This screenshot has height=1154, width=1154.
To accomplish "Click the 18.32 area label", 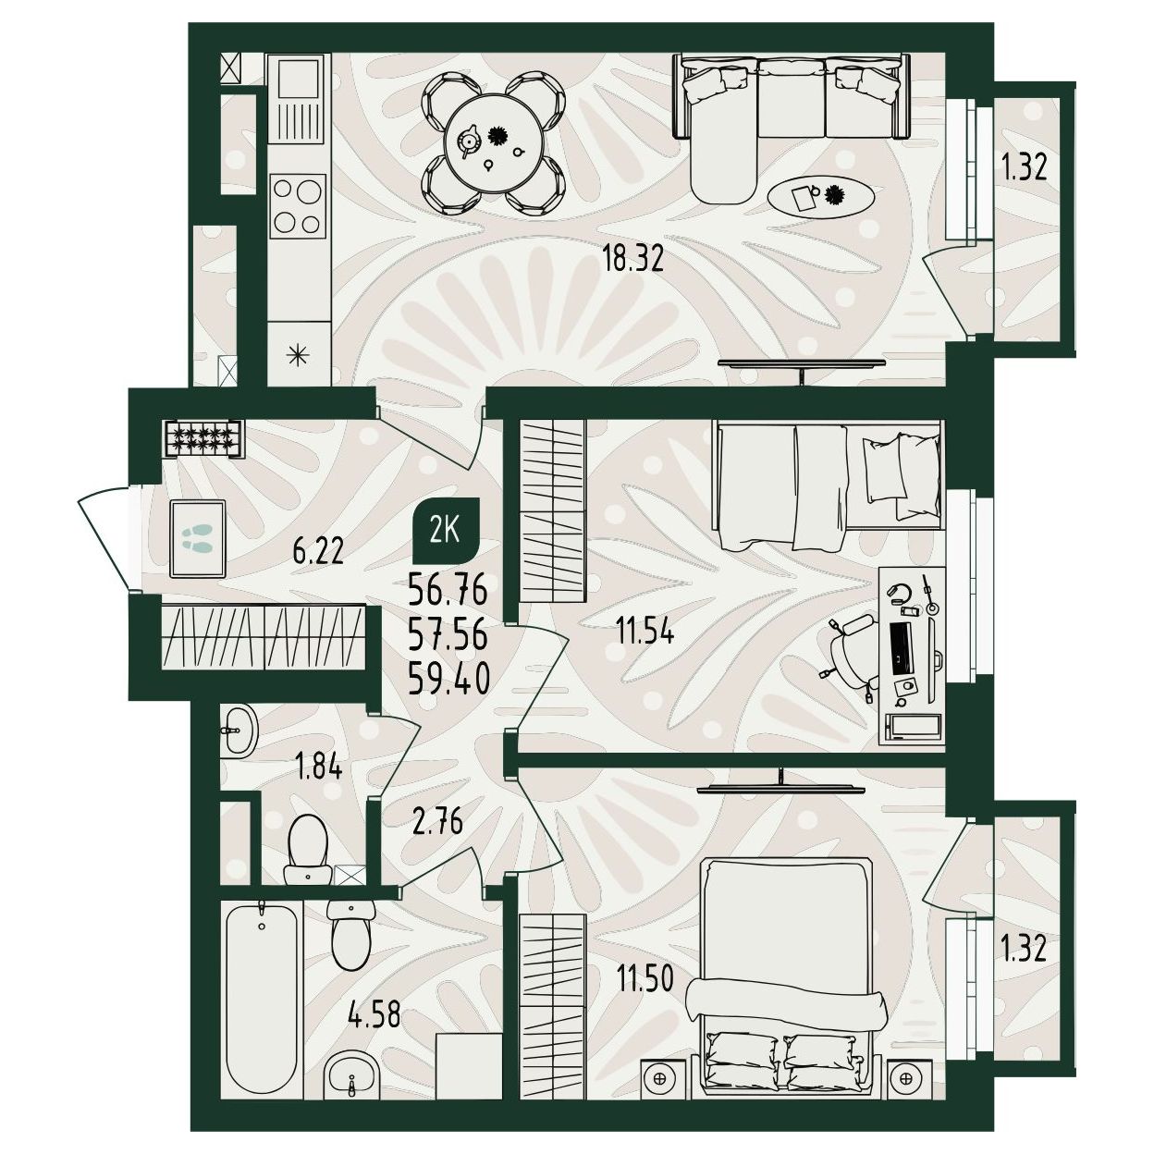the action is point(633,261).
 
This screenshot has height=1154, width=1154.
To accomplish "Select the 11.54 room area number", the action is point(645,632).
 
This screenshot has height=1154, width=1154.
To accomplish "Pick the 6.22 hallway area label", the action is point(318,551).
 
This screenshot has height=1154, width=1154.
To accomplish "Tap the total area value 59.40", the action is point(449,680).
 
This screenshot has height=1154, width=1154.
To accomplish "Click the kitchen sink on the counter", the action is point(299,100).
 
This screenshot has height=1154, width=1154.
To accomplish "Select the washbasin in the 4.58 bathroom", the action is point(352,1075).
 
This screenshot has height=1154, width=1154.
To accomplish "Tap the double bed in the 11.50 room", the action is point(785,987).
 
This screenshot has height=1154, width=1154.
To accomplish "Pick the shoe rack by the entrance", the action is point(203,439).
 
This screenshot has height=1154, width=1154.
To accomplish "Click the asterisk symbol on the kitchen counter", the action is point(299,356).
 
